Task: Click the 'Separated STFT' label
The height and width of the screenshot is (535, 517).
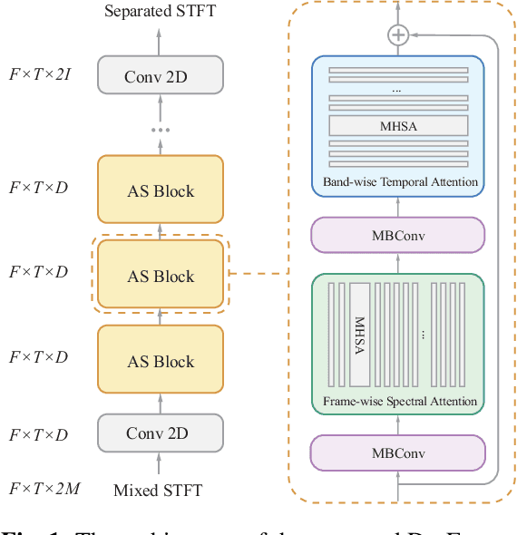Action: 160,12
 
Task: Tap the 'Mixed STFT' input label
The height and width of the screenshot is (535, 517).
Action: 158,491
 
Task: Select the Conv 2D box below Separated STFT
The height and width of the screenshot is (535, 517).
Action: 160,77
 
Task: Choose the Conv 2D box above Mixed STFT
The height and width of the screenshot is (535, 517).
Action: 160,433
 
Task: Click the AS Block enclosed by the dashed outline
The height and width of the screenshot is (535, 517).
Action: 160,276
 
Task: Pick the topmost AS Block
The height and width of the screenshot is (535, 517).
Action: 160,190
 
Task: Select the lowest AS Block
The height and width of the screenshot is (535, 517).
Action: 160,361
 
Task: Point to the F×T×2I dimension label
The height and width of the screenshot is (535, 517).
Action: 39,74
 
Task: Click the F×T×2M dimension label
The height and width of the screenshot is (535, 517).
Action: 44,490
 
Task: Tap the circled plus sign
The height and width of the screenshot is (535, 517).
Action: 397,35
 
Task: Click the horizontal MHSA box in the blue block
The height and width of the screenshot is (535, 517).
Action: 397,126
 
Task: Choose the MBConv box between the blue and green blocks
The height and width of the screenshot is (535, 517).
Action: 397,235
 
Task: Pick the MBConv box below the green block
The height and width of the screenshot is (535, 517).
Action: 397,452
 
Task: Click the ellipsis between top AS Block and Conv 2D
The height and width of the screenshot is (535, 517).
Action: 160,130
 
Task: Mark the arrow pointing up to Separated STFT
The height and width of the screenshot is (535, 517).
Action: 160,39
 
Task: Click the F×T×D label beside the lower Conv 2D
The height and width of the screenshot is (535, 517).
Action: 39,435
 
